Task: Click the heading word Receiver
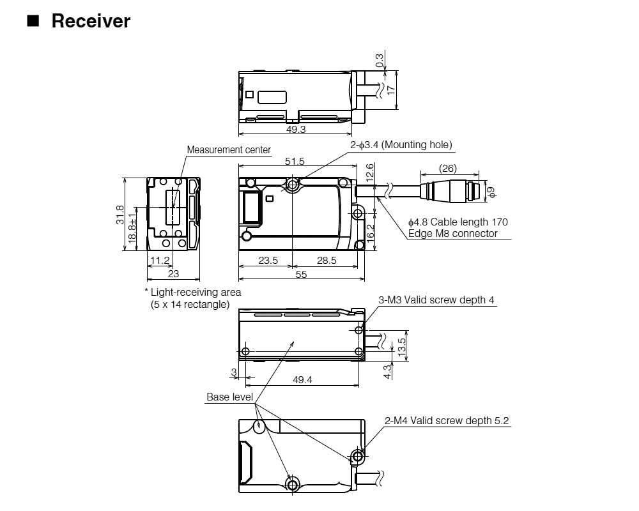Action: click(91, 21)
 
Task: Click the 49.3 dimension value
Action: click(295, 129)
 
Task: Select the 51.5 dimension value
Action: click(295, 161)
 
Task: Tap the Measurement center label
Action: click(229, 150)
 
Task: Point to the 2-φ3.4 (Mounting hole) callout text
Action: click(401, 145)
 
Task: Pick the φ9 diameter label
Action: click(491, 190)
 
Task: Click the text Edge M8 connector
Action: click(452, 233)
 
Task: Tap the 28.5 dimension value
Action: click(326, 260)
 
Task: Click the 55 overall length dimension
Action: click(300, 274)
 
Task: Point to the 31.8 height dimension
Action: click(119, 215)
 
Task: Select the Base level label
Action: click(229, 397)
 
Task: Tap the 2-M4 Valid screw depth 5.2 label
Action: click(447, 420)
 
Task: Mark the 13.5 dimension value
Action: click(401, 349)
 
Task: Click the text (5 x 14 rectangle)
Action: click(190, 305)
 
